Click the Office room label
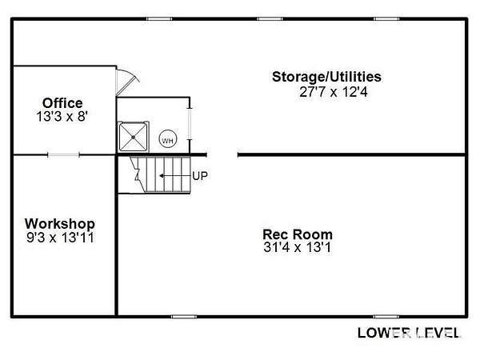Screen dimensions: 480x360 tap(62, 103)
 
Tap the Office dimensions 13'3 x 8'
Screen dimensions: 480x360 tap(62, 117)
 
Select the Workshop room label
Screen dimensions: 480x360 tap(60, 224)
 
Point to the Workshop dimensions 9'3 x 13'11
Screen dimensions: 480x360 tap(60, 238)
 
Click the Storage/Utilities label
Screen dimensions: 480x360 tap(326, 77)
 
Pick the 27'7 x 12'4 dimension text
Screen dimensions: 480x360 tap(334, 92)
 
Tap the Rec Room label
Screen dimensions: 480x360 tap(298, 234)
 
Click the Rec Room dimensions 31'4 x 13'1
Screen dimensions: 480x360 tap(298, 247)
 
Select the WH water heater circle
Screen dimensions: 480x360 tap(168, 140)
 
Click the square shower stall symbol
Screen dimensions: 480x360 tap(133, 137)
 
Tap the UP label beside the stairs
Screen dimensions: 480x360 tap(200, 176)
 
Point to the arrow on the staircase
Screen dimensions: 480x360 tap(174, 176)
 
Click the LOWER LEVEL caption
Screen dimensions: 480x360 tap(410, 333)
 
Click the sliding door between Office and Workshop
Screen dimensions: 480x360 tap(64, 155)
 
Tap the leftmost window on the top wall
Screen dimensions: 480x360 tap(159, 19)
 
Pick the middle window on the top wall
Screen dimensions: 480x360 tap(270, 19)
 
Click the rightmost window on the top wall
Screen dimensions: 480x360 tap(386, 19)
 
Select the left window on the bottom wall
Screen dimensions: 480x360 tap(184, 316)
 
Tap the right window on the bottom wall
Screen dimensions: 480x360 tap(386, 316)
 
